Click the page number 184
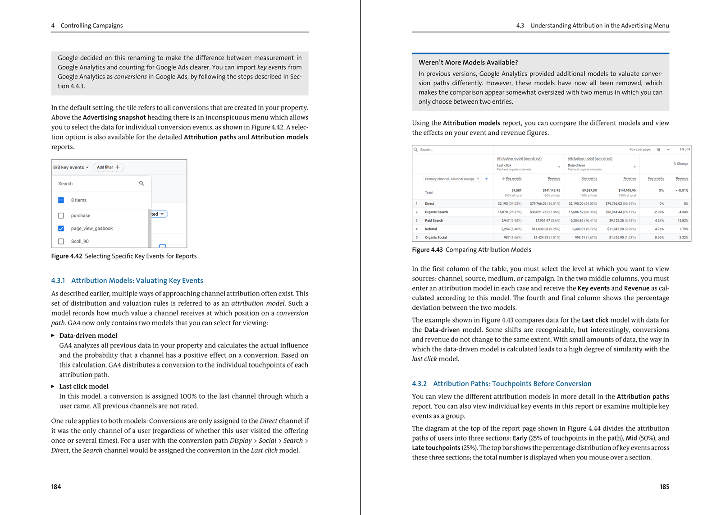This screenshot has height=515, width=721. pyautogui.click(x=56, y=487)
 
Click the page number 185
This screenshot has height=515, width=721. pyautogui.click(x=664, y=487)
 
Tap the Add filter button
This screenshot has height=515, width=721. pyautogui.click(x=108, y=167)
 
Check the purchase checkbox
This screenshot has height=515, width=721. pyautogui.click(x=61, y=216)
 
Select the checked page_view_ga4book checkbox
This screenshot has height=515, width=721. pyautogui.click(x=61, y=229)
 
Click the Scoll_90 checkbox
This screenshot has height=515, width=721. pyautogui.click(x=61, y=241)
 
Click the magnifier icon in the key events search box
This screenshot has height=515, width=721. pyautogui.click(x=141, y=184)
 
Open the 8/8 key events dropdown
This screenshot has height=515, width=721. pyautogui.click(x=71, y=167)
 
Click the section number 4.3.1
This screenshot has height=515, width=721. pyautogui.click(x=58, y=280)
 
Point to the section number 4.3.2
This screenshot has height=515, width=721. pyautogui.click(x=419, y=384)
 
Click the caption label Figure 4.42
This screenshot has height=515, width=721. pyautogui.click(x=67, y=256)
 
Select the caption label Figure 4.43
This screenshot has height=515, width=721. pyautogui.click(x=427, y=250)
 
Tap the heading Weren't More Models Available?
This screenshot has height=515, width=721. pyautogui.click(x=468, y=63)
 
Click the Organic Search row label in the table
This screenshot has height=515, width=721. pyautogui.click(x=436, y=212)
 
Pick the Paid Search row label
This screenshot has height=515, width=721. pyautogui.click(x=434, y=221)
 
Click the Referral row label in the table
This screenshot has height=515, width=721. pyautogui.click(x=431, y=229)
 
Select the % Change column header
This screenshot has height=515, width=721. pyautogui.click(x=680, y=164)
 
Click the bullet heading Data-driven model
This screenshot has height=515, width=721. pyautogui.click(x=88, y=336)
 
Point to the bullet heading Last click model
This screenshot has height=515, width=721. pyautogui.click(x=84, y=386)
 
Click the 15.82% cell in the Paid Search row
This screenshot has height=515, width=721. pyautogui.click(x=682, y=221)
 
